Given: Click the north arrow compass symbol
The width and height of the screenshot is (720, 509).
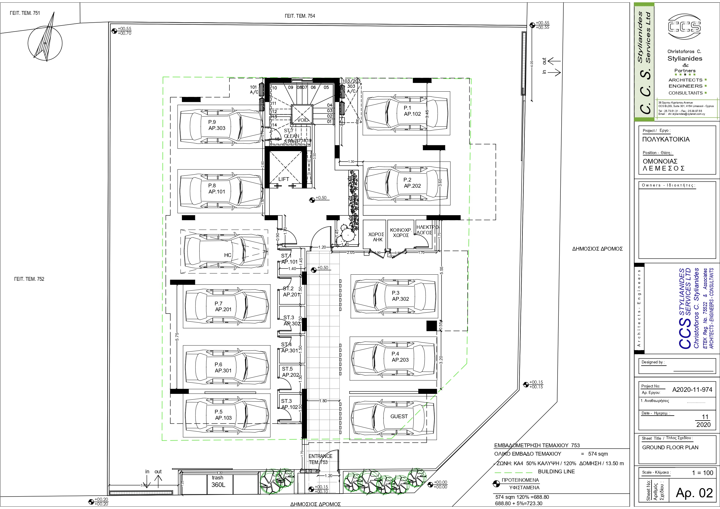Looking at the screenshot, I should (x=45, y=43).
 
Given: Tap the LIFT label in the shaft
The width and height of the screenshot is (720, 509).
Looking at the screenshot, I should (x=283, y=179).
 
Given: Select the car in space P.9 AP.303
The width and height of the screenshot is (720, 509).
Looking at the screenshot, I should (x=221, y=127).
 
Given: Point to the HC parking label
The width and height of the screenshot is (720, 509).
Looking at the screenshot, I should (x=228, y=255).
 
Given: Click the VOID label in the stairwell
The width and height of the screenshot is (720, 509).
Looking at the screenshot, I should (x=303, y=120).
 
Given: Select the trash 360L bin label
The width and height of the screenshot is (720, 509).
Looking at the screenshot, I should (x=218, y=481).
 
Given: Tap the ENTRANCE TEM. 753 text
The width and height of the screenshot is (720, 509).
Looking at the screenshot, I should (x=320, y=459).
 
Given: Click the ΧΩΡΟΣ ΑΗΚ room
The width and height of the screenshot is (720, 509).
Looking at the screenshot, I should (x=376, y=237).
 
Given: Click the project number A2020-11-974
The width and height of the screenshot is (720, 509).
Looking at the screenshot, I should (x=692, y=390).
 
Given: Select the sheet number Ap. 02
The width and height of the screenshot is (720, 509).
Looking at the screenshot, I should (x=694, y=493).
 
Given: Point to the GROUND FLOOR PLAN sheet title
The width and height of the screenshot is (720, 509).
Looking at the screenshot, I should (x=670, y=447).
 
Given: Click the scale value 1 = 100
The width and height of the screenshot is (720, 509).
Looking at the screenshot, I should (x=702, y=473).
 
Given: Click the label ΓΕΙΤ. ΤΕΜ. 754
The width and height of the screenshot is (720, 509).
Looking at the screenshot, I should (x=299, y=16).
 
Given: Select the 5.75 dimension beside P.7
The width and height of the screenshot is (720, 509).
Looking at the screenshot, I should (x=177, y=337).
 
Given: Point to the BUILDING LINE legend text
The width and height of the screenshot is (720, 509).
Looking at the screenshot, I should (x=556, y=471).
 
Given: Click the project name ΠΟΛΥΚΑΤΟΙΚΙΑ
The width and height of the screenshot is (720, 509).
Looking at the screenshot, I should (x=666, y=139).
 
